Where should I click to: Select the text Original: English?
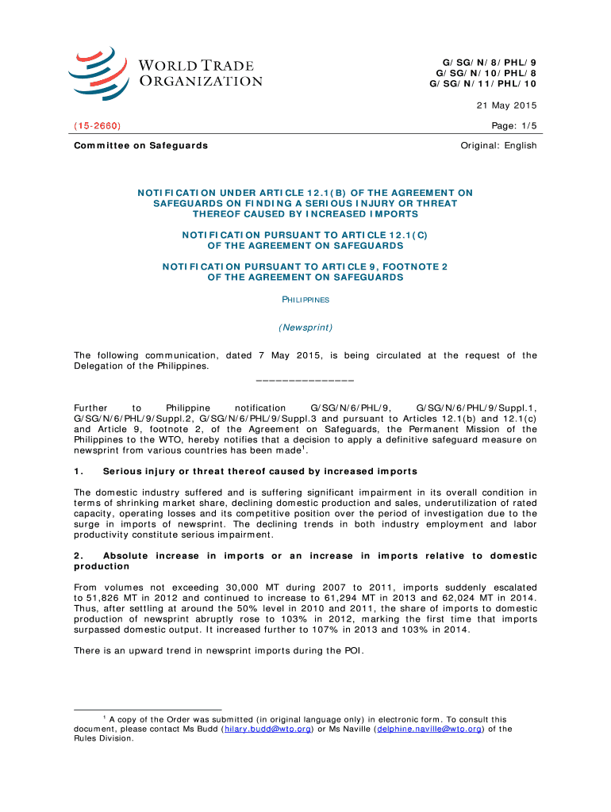pos(498,145)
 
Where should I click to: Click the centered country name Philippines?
pos(305,301)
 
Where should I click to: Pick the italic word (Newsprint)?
pos(305,327)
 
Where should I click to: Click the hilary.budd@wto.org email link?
pos(268,730)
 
